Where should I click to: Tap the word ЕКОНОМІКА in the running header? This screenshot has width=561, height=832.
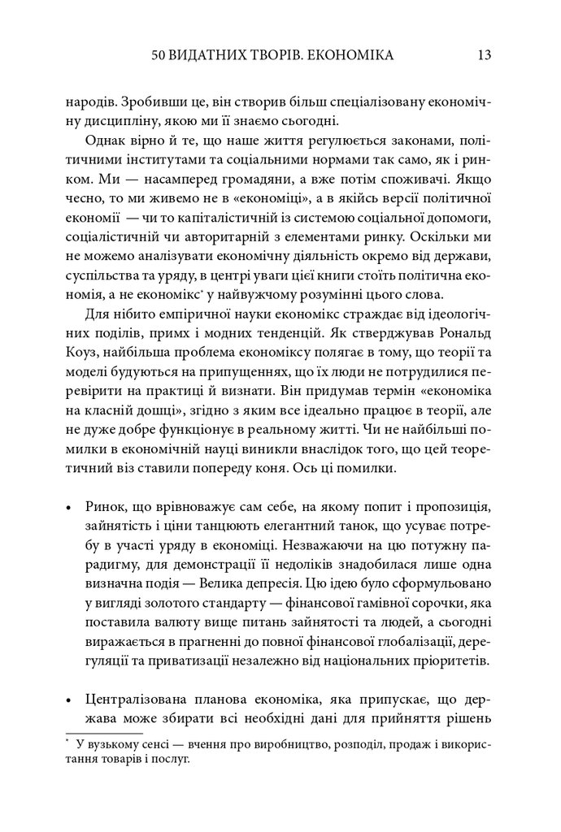355,56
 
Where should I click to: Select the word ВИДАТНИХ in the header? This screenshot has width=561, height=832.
213,56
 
